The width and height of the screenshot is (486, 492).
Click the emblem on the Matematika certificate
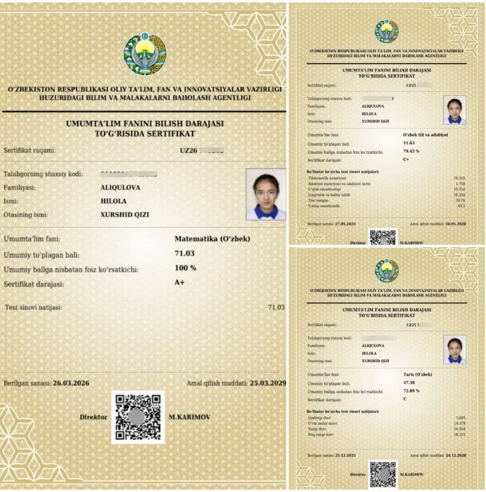point(145,54)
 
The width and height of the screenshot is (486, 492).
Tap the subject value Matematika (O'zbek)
point(213,239)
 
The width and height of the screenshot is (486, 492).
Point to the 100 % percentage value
point(185,268)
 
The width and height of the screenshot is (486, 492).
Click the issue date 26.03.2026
point(71,383)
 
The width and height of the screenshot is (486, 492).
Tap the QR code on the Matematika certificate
point(138,416)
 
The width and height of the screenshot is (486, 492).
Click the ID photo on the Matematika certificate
point(266,194)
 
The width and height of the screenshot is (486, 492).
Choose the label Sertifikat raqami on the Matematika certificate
point(30,149)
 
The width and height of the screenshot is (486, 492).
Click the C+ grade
point(407,159)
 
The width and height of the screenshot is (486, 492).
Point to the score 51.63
point(408,142)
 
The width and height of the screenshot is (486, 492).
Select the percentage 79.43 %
point(411,151)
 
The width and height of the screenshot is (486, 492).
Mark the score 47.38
point(408,383)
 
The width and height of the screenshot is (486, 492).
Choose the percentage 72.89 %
point(411,391)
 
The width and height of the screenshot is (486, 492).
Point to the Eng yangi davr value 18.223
point(459,435)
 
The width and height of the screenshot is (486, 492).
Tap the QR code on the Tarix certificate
point(383,474)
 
